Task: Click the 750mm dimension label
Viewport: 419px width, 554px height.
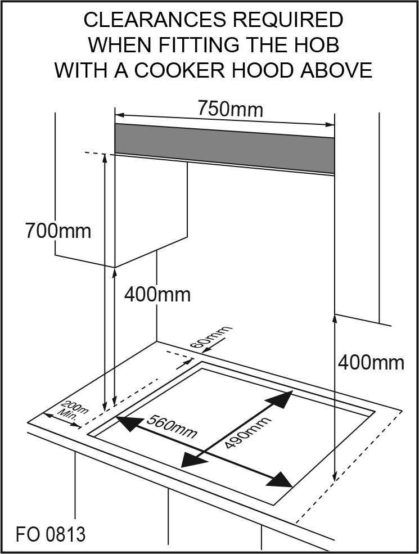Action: pyautogui.click(x=230, y=108)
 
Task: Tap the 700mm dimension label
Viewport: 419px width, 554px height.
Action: pyautogui.click(x=58, y=231)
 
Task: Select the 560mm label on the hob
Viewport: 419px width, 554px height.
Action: pyautogui.click(x=172, y=426)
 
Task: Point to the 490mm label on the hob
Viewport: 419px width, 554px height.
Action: pyautogui.click(x=248, y=433)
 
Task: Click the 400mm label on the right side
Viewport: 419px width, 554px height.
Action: pyautogui.click(x=371, y=363)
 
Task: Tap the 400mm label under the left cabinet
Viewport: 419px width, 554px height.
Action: pyautogui.click(x=157, y=294)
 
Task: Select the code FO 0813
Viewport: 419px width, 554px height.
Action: pyautogui.click(x=51, y=533)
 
